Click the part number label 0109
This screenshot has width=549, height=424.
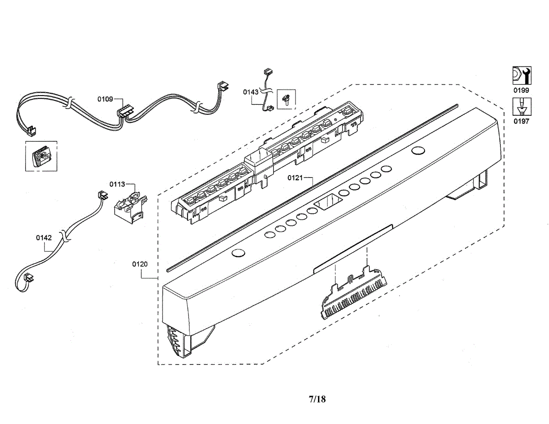click(105, 99)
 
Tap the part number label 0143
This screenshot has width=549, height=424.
click(251, 92)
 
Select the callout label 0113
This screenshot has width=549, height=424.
click(117, 184)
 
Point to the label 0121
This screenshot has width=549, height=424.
click(295, 178)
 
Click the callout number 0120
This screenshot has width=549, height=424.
click(140, 264)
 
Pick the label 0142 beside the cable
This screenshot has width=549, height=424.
click(44, 238)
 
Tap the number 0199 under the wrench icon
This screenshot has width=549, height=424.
click(521, 90)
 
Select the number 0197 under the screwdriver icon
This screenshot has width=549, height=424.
click(521, 122)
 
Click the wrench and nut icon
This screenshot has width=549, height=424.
click(522, 75)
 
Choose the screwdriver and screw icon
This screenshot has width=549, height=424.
click(522, 107)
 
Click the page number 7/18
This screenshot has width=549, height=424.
click(318, 399)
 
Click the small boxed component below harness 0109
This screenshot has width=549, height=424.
click(41, 156)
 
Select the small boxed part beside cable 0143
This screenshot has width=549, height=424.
click(286, 99)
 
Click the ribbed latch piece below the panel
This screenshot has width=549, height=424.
click(354, 293)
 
